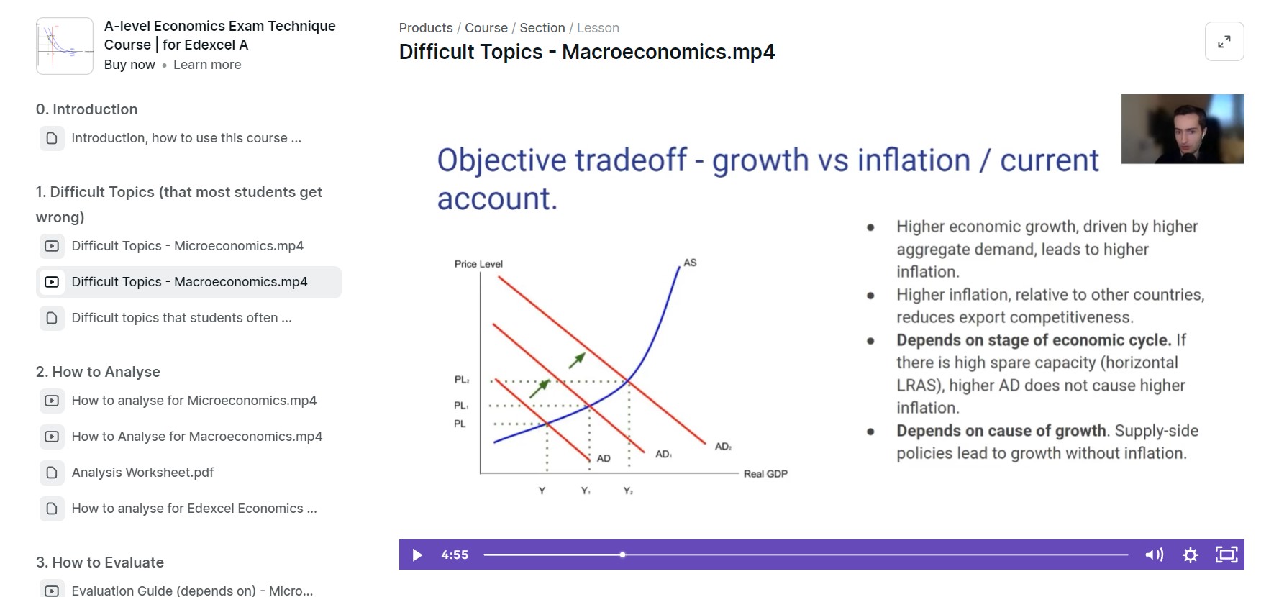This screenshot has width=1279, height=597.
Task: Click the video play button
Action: click(x=417, y=555)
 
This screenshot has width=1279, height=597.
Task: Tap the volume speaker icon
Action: click(x=1154, y=555)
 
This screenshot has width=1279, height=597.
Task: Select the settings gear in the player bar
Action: click(x=1191, y=555)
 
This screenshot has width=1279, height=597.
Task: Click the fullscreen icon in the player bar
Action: click(x=1226, y=555)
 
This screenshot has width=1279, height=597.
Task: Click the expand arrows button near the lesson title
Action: click(x=1224, y=42)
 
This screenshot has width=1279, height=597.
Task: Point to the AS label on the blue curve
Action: click(x=690, y=263)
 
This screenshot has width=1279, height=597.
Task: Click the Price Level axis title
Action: click(x=478, y=264)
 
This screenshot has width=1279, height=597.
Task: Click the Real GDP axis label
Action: click(x=765, y=473)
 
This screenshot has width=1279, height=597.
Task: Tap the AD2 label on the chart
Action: click(x=723, y=447)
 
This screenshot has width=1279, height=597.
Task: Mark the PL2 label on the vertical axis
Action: click(x=461, y=380)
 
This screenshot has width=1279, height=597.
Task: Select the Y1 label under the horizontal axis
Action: click(x=586, y=491)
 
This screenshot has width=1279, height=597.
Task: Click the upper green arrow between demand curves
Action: click(x=577, y=360)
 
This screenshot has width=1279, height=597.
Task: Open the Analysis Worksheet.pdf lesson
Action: click(x=142, y=473)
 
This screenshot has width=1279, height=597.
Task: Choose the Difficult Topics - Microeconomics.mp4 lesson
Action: click(x=187, y=246)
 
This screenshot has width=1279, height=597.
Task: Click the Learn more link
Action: click(x=207, y=65)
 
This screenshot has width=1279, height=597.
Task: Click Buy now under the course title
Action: click(x=129, y=65)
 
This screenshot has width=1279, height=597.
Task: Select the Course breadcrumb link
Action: click(x=486, y=28)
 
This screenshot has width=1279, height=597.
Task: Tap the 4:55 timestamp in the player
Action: click(x=455, y=555)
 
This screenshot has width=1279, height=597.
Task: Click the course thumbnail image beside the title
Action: click(x=65, y=46)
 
